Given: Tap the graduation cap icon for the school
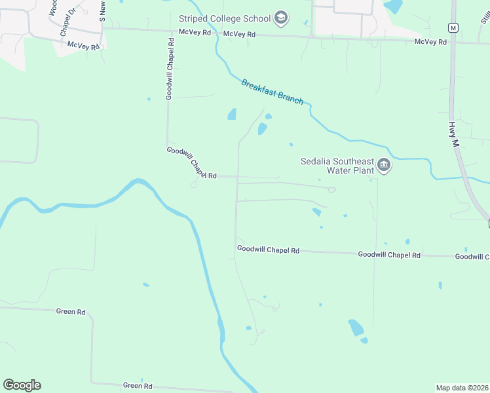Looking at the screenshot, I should tap(281, 17).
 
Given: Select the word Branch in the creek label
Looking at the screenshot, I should tap(290, 98).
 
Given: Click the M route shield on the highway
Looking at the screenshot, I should tap(453, 28).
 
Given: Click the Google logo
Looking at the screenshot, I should tap(22, 385).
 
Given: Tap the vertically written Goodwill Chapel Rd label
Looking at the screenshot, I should tap(170, 68).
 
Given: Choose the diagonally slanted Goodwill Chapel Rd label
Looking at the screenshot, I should tap(191, 163).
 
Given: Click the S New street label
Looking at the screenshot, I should tap(103, 11).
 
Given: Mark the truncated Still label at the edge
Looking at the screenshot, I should tap(484, 13).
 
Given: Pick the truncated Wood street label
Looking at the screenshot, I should tap(52, 7).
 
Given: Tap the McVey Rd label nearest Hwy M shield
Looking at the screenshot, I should tap(430, 42).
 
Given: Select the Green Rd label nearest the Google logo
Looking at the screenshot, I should tap(138, 386).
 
